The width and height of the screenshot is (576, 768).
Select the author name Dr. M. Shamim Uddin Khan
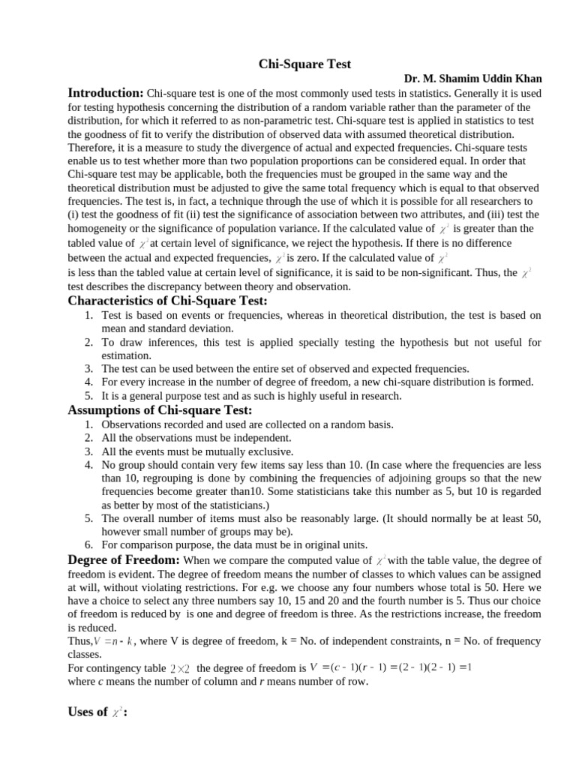pos(472,79)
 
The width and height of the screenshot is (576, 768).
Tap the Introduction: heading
pos(106,93)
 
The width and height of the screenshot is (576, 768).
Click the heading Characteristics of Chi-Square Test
pos(167,301)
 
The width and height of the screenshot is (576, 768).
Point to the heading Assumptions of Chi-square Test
pos(160,410)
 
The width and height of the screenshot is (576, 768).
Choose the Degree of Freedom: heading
pos(124,560)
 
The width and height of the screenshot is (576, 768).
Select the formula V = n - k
pos(114,641)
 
